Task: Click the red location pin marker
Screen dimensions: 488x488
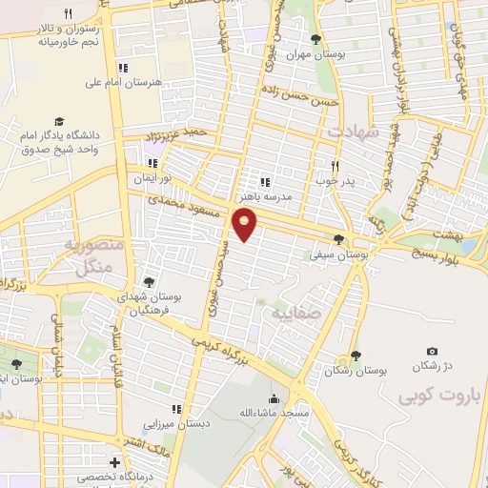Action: click(245, 225)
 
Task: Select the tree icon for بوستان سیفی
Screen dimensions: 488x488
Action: click(338, 238)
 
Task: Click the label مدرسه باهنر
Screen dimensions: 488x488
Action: click(264, 196)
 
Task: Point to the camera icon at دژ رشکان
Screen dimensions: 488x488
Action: click(432, 353)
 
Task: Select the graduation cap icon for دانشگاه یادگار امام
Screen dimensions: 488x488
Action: click(59, 122)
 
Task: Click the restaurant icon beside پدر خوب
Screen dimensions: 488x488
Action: click(335, 165)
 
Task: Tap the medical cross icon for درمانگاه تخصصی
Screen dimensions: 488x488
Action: click(115, 462)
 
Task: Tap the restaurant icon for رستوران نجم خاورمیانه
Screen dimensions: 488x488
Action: click(68, 12)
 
